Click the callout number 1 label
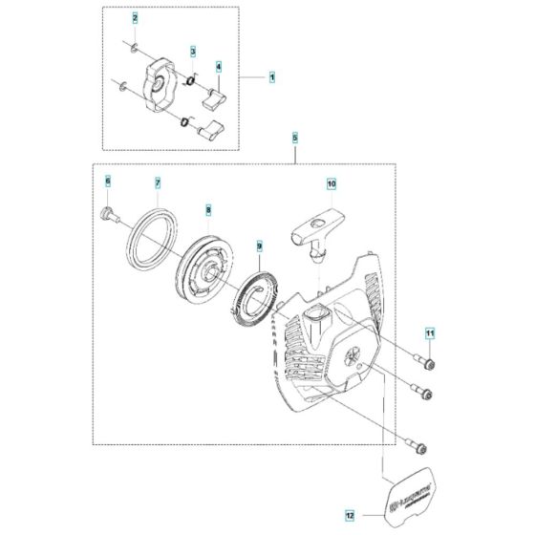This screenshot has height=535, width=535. point(271,75)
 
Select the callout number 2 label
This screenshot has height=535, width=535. point(135,18)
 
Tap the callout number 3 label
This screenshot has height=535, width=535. point(193,51)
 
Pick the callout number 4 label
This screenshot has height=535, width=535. point(219,67)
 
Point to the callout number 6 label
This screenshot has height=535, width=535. point(108,181)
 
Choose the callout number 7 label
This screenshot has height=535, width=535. point(159,181)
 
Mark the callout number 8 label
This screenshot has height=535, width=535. point(208,207)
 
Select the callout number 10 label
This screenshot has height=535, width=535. point(332,181)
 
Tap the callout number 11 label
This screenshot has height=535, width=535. point(430,333)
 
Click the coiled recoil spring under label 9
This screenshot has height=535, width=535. point(257,296)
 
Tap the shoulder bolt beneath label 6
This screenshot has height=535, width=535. point(109,216)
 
